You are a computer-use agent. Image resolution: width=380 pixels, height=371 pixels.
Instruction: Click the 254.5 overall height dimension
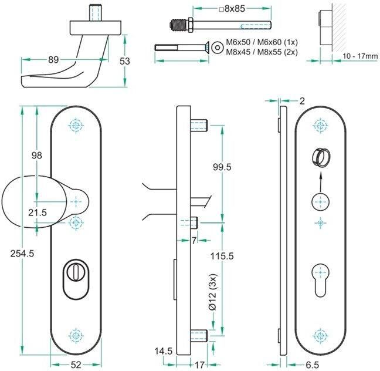click(x=22, y=254)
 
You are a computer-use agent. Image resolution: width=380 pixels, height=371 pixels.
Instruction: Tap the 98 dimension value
click(x=36, y=156)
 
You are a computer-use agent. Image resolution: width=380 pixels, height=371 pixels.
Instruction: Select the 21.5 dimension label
click(x=38, y=213)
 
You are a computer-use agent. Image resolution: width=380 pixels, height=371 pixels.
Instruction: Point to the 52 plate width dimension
click(x=76, y=365)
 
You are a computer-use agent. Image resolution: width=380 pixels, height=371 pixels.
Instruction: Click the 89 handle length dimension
click(x=53, y=59)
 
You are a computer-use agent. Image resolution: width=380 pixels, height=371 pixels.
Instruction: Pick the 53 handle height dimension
click(x=125, y=61)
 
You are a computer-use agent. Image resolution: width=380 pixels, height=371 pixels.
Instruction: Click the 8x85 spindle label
click(x=232, y=9)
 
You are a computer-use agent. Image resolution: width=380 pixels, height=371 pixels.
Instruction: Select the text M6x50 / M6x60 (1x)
click(x=262, y=42)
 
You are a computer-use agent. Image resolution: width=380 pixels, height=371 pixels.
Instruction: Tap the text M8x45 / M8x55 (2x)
click(x=262, y=52)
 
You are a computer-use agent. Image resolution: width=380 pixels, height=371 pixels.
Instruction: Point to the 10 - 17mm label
click(x=360, y=56)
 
